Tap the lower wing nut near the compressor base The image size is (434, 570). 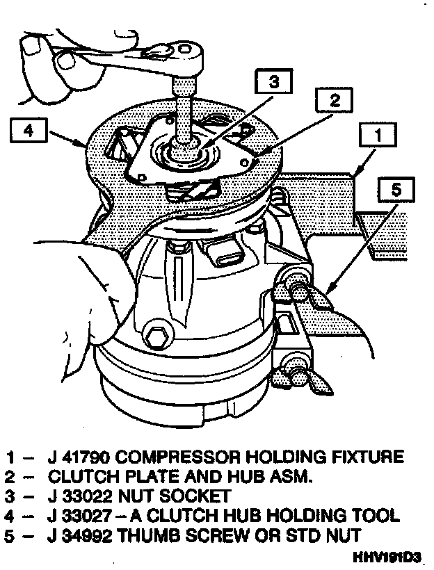click(296, 376)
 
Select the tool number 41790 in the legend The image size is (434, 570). click(87, 457)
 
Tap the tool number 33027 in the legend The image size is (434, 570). click(87, 516)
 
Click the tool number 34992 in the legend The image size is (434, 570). click(88, 536)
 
